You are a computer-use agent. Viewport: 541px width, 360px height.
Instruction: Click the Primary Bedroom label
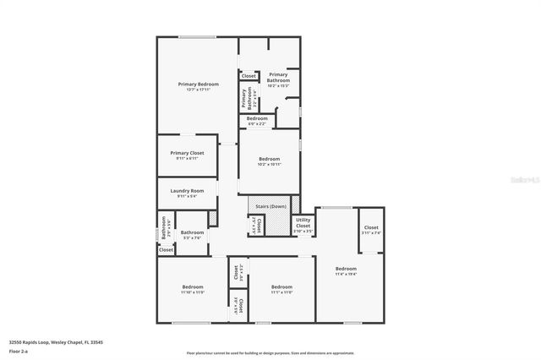click(199, 85)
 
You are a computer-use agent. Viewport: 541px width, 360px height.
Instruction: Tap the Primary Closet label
click(187, 153)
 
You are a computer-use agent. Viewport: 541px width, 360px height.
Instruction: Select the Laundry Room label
click(187, 191)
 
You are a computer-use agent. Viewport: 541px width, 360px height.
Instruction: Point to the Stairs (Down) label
click(270, 206)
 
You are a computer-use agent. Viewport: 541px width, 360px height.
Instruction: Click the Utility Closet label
click(303, 222)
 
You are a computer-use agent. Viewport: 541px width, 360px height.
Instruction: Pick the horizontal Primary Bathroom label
click(278, 77)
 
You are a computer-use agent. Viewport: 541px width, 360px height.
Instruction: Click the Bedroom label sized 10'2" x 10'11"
click(269, 159)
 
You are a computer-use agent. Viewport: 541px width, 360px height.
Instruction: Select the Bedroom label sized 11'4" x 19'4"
click(346, 269)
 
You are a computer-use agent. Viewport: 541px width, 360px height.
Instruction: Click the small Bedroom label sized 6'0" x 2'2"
click(257, 118)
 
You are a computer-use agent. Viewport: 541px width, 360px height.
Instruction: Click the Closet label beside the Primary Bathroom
click(249, 76)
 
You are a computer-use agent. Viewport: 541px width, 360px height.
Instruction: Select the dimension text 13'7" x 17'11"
click(199, 90)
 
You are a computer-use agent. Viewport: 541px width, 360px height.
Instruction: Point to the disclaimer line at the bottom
click(270, 353)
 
